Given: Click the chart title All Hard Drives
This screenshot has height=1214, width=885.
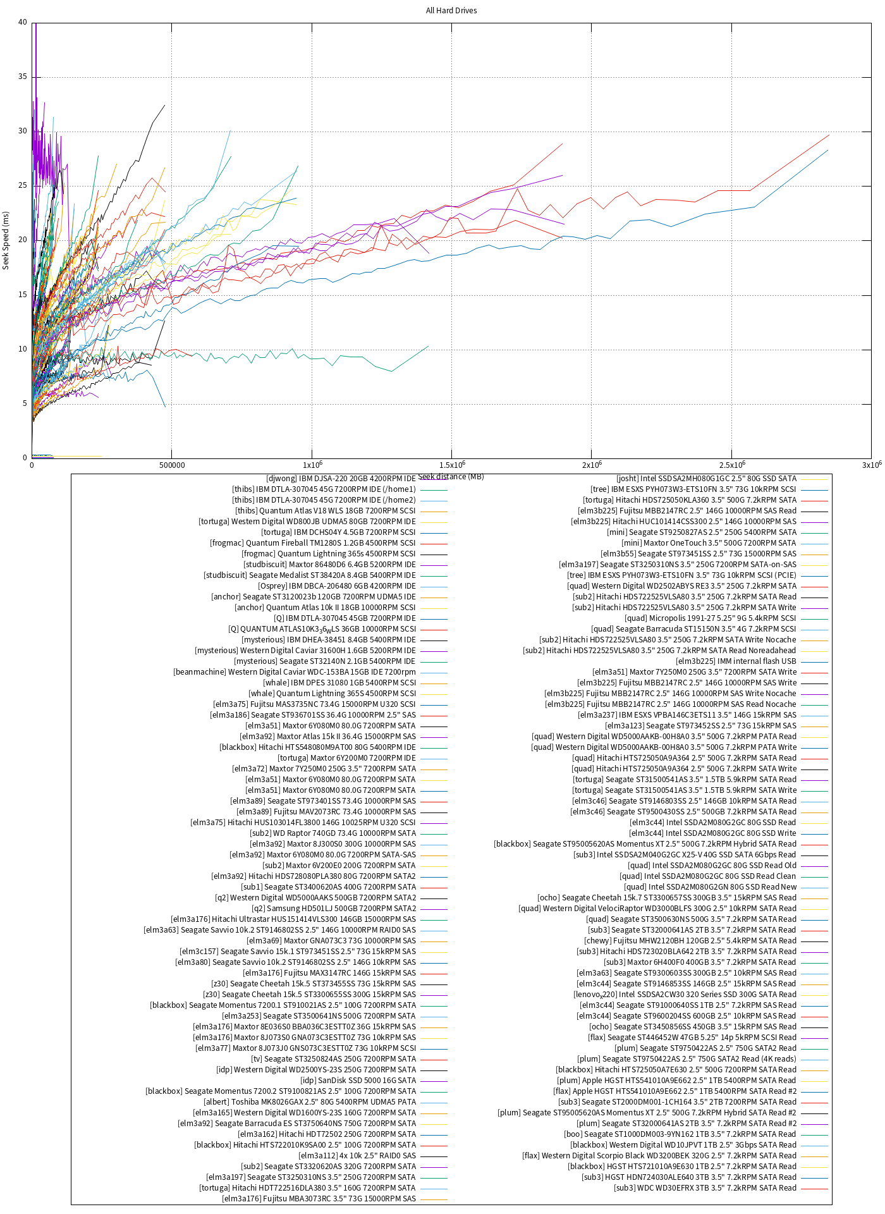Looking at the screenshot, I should coord(451,11).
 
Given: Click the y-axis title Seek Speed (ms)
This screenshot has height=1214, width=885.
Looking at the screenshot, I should coord(6,240).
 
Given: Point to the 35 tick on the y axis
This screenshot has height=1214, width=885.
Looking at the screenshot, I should coord(23,77).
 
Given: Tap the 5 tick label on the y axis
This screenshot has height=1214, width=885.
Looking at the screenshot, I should coord(25,403).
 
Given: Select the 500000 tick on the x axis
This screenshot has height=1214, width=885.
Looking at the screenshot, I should coord(172,465).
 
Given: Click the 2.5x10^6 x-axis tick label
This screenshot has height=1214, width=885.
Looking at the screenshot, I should coord(731,465).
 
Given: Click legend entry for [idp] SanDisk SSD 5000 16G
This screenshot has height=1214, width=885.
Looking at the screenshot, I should coord(358,1081).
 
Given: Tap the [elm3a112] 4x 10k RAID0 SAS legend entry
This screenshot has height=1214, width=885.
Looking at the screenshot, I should coord(357,1156).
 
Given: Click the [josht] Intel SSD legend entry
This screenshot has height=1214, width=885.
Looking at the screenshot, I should coord(706,479).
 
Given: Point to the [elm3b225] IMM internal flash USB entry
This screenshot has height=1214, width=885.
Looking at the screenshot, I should coord(736,661).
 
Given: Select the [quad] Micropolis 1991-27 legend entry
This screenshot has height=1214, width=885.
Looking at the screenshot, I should coord(710,618).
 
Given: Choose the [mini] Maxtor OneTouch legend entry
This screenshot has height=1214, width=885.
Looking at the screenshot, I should coord(709,543).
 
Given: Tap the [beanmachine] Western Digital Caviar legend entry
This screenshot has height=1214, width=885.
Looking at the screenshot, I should coord(295,672).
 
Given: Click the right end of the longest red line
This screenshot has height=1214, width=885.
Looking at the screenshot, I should coord(829,135).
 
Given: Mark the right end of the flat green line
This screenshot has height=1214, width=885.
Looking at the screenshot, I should coord(429,346).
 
